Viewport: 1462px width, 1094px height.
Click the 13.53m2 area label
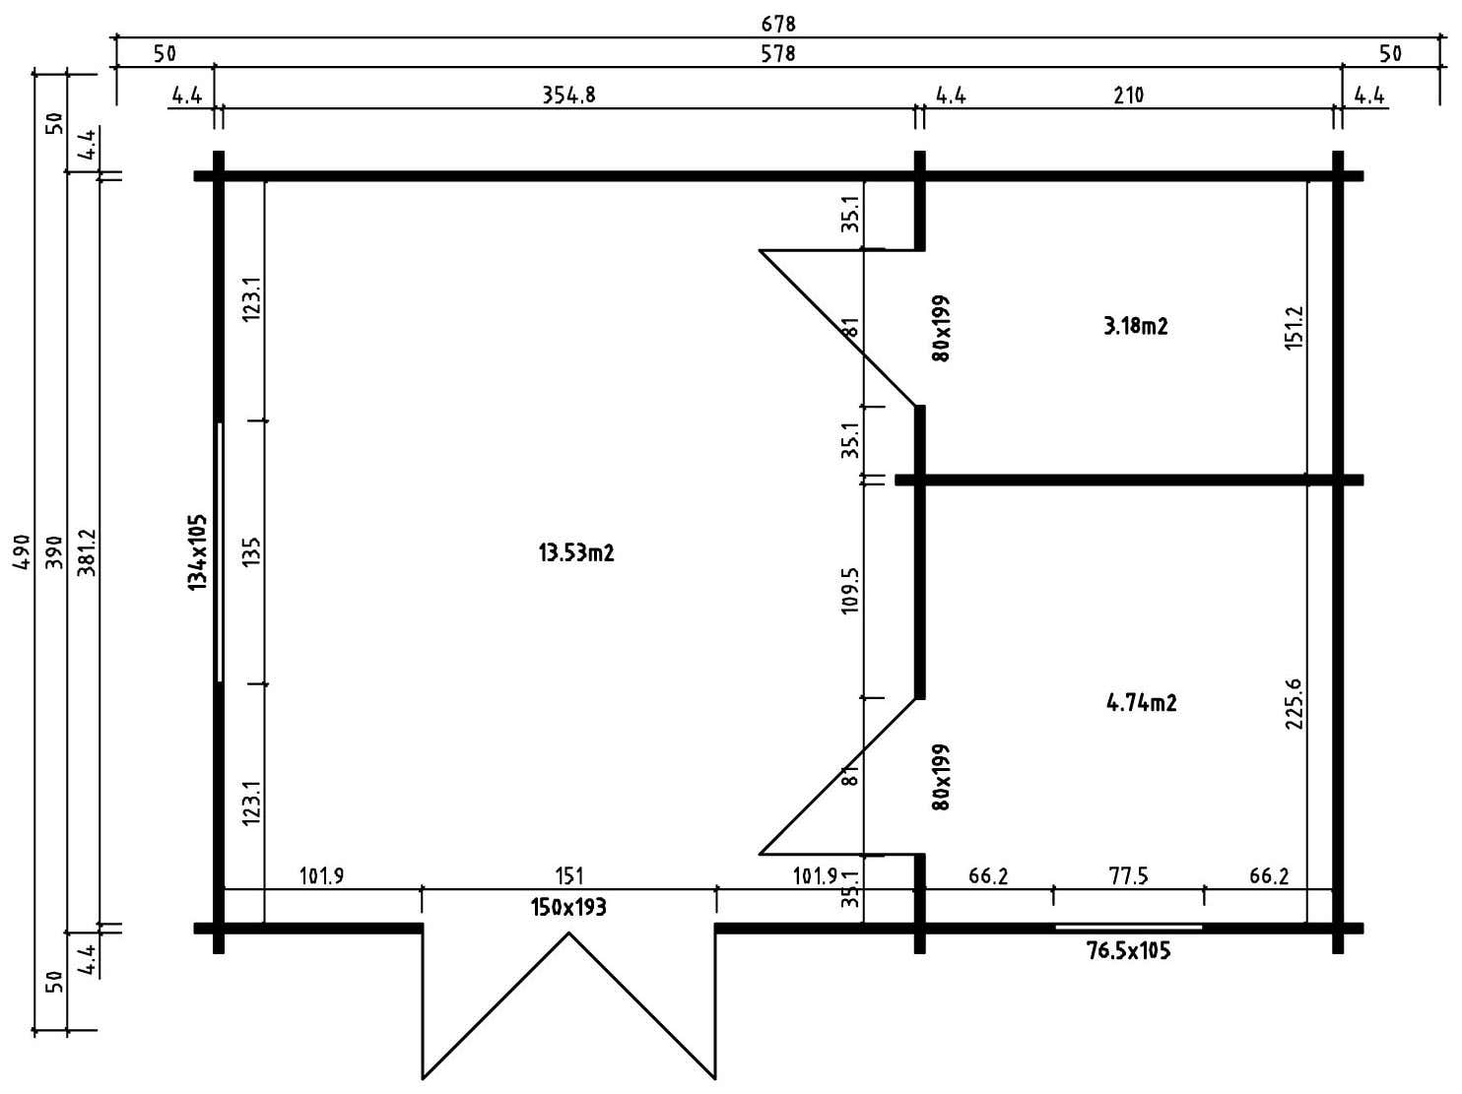point(576,552)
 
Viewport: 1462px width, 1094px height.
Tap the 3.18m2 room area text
point(1136,326)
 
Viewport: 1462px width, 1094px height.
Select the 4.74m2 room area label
point(1142,703)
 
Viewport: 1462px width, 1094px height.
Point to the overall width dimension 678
point(778,24)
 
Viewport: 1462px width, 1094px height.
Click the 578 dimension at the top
point(778,53)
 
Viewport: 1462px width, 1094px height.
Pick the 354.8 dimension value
point(568,96)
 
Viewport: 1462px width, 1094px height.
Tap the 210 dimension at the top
point(1129,96)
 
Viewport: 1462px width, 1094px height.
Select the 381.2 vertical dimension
point(89,551)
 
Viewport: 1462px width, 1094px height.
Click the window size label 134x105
point(198,551)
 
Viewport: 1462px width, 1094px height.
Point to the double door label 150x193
point(568,907)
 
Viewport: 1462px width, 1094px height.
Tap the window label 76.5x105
point(1128,950)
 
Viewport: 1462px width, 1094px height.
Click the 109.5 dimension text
point(851,590)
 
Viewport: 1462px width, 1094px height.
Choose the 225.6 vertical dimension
point(1295,704)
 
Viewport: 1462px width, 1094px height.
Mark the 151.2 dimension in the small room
point(1295,327)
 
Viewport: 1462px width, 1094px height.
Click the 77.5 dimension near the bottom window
point(1128,875)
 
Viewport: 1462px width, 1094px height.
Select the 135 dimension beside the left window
point(252,551)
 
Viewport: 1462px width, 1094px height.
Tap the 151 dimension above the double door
point(569,875)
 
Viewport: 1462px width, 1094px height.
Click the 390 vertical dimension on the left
point(56,551)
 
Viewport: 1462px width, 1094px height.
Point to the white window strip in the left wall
point(220,551)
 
